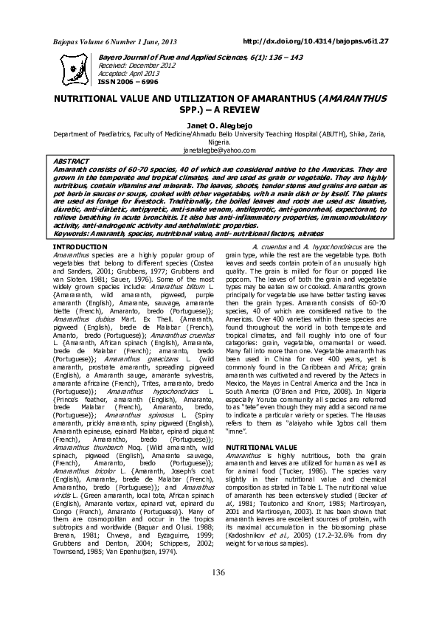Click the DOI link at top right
tap(325, 42)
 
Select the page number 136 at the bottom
tap(218, 573)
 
